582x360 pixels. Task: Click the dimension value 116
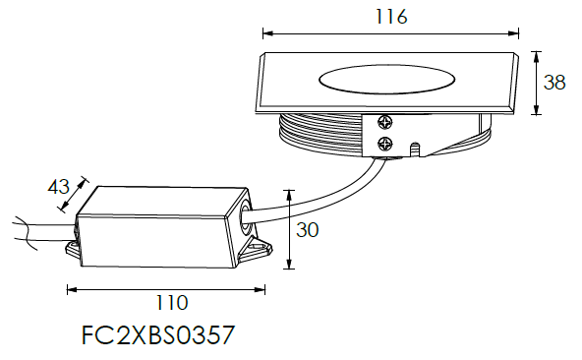(x=391, y=17)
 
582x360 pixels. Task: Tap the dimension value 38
(x=554, y=82)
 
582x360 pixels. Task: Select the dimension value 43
(x=59, y=187)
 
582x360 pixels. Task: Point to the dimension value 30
(x=308, y=230)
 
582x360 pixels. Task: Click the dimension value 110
(x=172, y=303)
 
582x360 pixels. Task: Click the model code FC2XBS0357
(x=158, y=334)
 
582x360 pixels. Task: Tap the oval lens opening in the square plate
(x=386, y=80)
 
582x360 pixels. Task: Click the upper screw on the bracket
(x=385, y=123)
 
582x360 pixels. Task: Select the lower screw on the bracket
(x=385, y=144)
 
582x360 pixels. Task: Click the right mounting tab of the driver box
(x=257, y=249)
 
